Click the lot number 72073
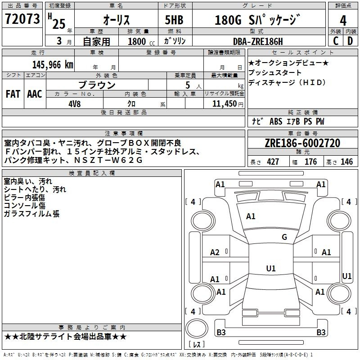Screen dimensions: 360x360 pyautogui.click(x=22, y=19)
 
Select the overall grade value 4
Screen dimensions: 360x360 pyautogui.click(x=343, y=21)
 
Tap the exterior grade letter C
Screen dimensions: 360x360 pyautogui.click(x=336, y=41)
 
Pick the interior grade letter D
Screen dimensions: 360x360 pyautogui.click(x=350, y=41)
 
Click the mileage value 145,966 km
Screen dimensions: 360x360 pyautogui.click(x=53, y=65)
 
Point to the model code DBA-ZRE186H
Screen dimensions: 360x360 pyautogui.click(x=258, y=41)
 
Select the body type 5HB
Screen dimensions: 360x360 pyautogui.click(x=174, y=20)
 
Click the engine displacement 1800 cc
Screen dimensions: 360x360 pyautogui.click(x=141, y=41)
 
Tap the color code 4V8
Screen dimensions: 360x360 pyautogui.click(x=75, y=104)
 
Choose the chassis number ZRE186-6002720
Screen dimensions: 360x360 pyautogui.click(x=302, y=143)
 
